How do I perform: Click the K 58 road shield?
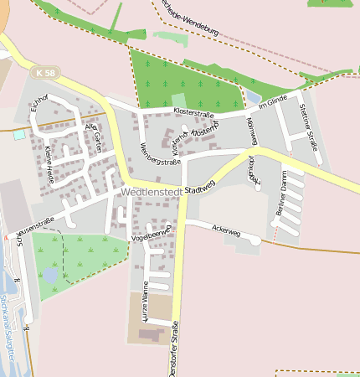(x=47, y=74)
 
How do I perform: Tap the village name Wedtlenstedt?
(x=152, y=192)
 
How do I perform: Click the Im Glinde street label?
(x=273, y=102)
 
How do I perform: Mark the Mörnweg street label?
(x=252, y=131)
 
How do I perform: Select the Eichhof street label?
(x=39, y=105)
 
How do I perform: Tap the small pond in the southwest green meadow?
(x=50, y=275)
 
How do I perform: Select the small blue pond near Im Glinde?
(x=253, y=98)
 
